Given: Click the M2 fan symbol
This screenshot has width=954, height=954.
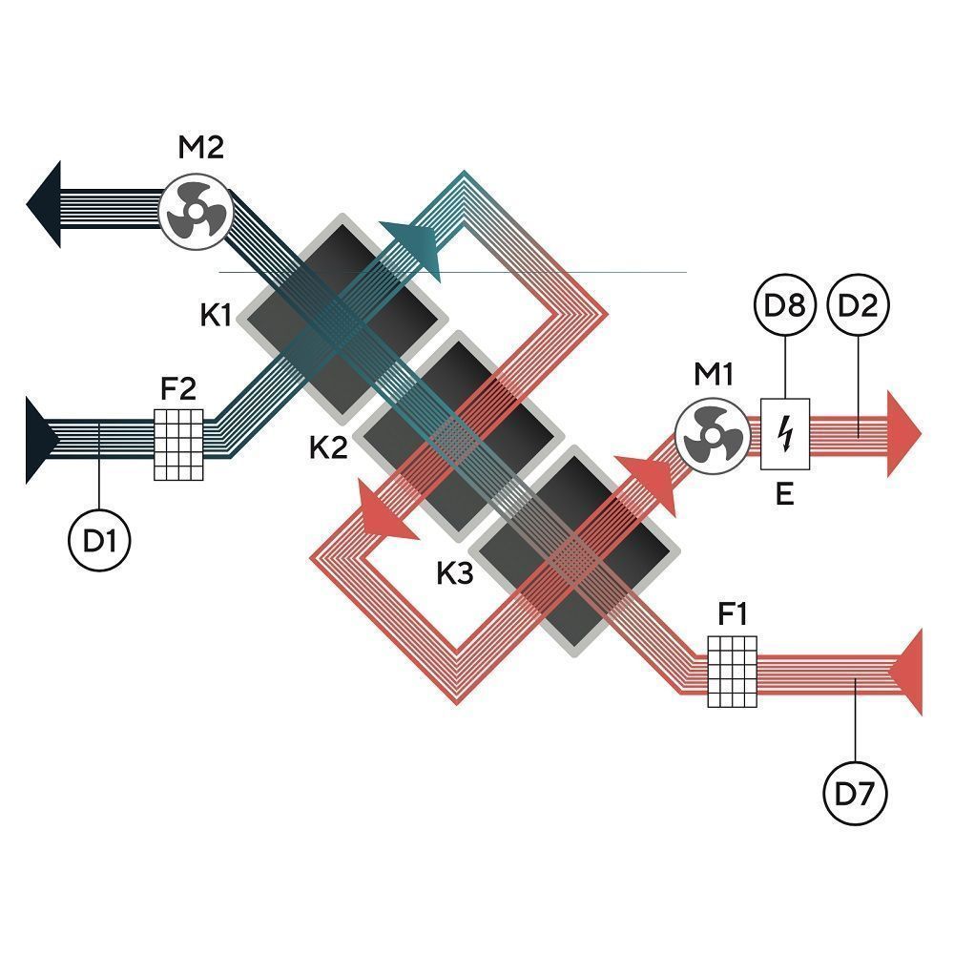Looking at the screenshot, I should (193, 211).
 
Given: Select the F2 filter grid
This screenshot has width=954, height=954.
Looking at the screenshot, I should (178, 444).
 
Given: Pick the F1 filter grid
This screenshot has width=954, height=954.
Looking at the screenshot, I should (733, 672).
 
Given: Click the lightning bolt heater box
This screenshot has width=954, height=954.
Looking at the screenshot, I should (785, 434).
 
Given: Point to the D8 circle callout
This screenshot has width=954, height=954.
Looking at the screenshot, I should (784, 307).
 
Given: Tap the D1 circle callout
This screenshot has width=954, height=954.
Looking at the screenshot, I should (99, 541).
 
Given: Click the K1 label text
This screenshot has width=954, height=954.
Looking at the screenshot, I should (216, 315).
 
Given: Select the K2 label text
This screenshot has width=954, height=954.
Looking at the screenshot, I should (328, 446).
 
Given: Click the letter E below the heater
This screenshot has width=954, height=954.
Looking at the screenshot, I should (785, 495).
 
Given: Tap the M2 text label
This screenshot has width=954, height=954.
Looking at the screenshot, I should (201, 149).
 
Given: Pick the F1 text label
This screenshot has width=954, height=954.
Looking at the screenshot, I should (733, 615).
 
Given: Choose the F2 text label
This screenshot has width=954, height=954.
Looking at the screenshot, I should (178, 388).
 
